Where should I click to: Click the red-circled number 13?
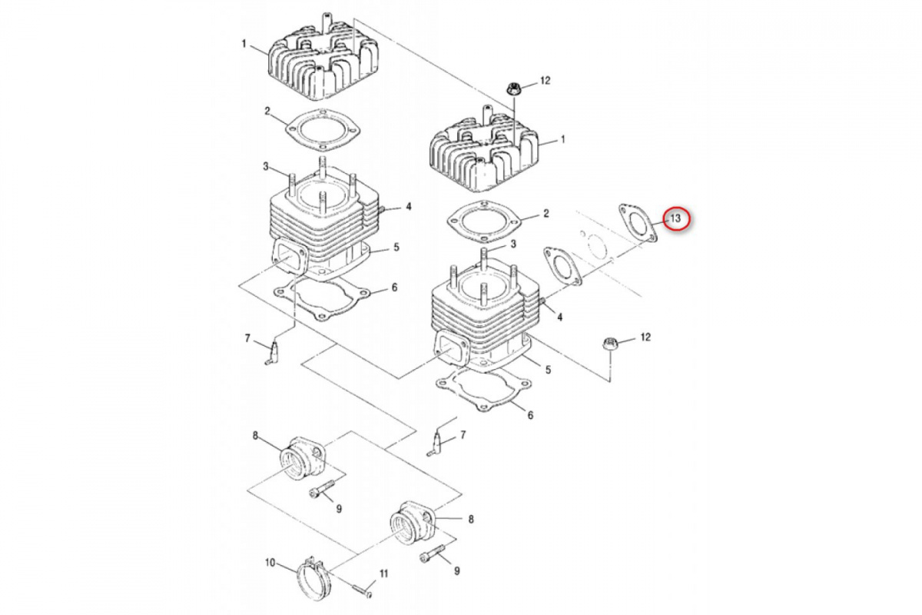[675, 219]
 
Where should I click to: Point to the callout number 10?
[270, 563]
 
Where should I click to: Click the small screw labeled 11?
[363, 590]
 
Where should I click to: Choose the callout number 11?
[383, 573]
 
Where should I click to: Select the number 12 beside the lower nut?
[645, 337]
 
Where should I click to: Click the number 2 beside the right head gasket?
[546, 213]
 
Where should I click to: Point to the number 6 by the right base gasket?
[530, 415]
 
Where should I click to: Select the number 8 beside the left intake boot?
[255, 436]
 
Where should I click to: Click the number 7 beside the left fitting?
[247, 338]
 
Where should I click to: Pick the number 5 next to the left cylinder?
[396, 247]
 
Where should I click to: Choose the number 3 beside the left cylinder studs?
[265, 166]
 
